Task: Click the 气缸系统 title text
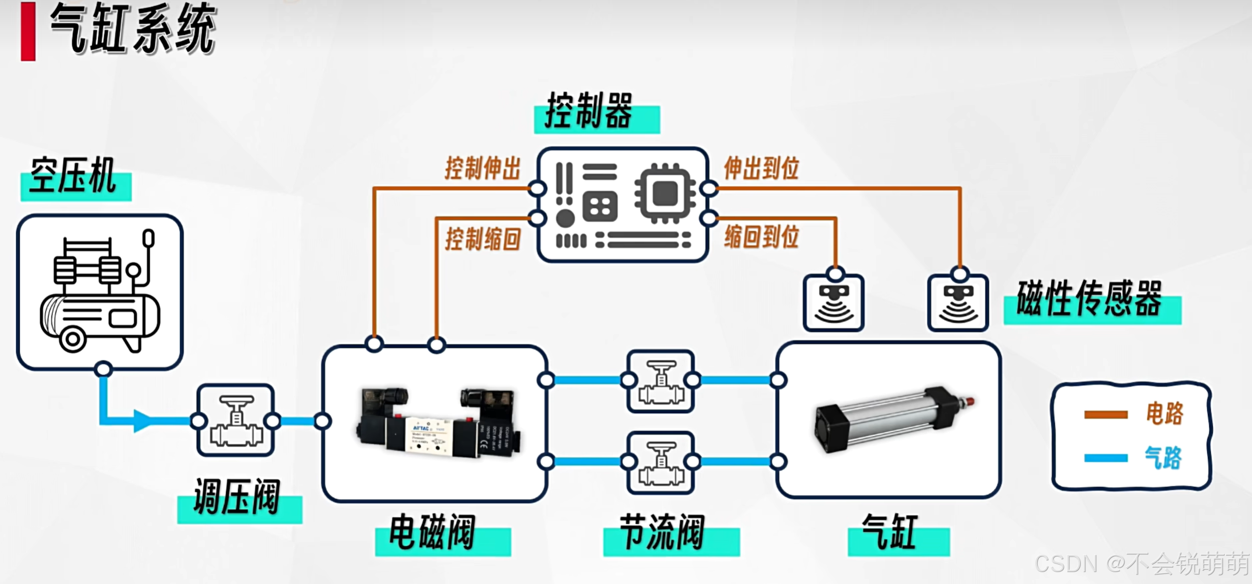[133, 29]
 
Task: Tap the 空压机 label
[73, 176]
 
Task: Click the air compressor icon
[100, 292]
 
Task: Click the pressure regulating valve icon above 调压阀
[236, 420]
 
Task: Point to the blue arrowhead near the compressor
[142, 421]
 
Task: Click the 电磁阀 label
[432, 533]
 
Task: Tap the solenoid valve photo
[437, 422]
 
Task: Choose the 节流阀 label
[662, 533]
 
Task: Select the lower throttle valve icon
[661, 463]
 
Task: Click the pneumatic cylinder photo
[894, 419]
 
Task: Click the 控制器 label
[589, 111]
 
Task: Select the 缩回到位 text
[762, 237]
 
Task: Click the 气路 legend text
[1163, 458]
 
